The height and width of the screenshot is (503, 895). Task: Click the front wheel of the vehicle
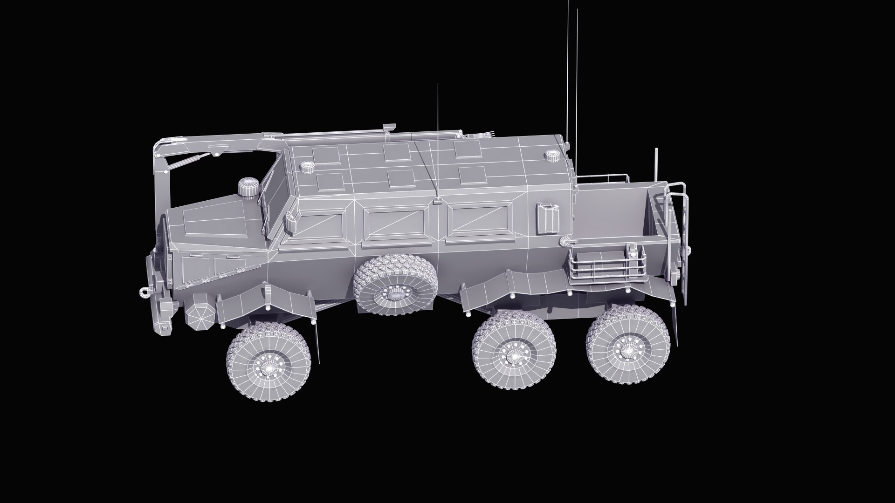(268, 360)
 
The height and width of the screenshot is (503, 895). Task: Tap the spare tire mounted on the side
(396, 285)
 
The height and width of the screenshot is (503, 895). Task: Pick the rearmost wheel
(628, 345)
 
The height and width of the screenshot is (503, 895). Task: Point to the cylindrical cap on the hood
(247, 188)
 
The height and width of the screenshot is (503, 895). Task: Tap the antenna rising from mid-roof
(438, 140)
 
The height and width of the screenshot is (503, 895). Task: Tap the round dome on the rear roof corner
(552, 156)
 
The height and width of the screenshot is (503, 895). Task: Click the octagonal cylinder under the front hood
(201, 313)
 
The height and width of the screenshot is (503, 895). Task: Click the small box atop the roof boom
(388, 127)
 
